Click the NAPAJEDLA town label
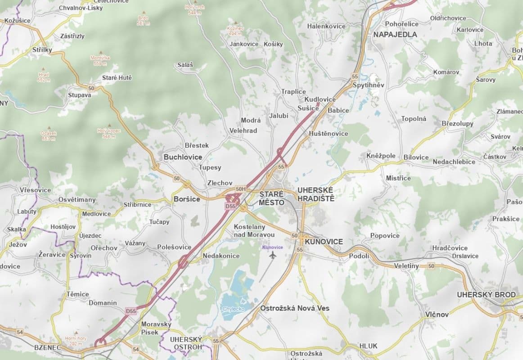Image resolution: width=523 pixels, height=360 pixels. tap(395, 34)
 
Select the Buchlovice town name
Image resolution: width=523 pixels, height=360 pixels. tap(183, 157)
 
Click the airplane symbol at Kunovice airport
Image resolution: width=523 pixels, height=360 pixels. tap(272, 256)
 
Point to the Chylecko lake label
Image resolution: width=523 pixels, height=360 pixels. tap(233, 309)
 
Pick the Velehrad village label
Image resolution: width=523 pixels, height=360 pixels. tap(243, 130)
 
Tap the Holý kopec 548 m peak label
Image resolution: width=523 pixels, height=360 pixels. tap(106, 133)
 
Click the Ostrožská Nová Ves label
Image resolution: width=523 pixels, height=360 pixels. tap(294, 308)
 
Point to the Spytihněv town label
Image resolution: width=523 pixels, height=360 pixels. tap(368, 85)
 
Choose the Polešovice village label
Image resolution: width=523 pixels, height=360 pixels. tap(174, 247)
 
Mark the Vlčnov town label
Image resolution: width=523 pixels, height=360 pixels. tap(437, 315)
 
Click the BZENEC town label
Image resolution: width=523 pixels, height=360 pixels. tap(47, 347)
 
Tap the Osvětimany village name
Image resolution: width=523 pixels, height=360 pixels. tap(77, 200)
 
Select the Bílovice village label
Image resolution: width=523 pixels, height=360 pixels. tap(416, 157)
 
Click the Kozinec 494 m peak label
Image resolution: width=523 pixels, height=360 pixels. tap(235, 31)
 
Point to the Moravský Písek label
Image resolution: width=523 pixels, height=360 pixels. tap(156, 328)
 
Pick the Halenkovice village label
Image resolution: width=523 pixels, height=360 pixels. tap(326, 26)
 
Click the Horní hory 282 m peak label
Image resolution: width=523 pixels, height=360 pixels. tap(76, 341)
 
